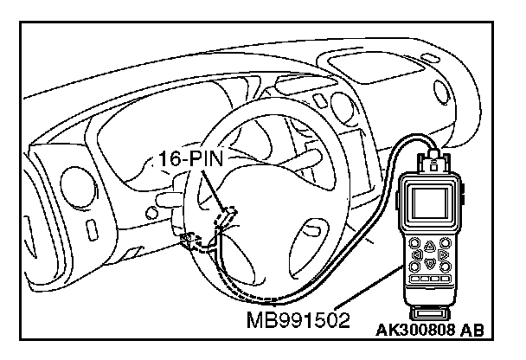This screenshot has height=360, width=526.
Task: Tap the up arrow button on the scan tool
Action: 430,244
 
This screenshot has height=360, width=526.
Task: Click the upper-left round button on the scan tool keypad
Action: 415,243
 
